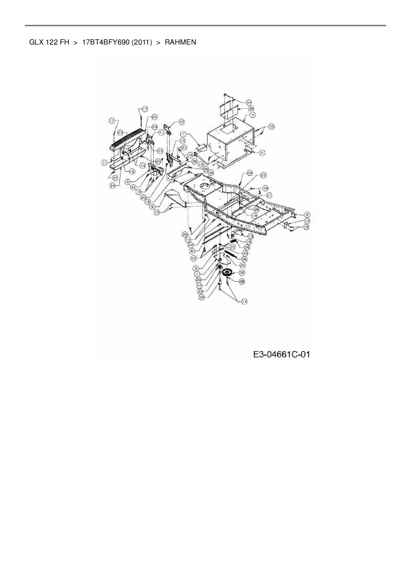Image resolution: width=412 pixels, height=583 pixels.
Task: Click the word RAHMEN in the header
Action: click(x=180, y=42)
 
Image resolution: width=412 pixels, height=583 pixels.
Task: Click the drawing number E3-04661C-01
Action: click(x=281, y=355)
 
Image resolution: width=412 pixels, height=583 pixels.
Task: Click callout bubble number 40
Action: click(x=181, y=122)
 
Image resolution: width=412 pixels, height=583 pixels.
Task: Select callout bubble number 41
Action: click(x=161, y=132)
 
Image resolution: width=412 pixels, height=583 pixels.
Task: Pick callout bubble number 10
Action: click(x=182, y=141)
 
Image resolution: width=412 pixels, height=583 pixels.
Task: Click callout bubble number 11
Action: click(x=104, y=163)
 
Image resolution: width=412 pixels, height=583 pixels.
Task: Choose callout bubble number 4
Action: click(x=253, y=115)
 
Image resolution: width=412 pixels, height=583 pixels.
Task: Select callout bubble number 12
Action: click(x=307, y=221)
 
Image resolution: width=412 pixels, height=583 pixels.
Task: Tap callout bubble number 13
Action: click(x=251, y=236)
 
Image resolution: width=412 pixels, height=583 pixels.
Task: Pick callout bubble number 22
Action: click(x=190, y=244)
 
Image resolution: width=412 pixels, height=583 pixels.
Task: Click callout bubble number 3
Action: click(x=196, y=268)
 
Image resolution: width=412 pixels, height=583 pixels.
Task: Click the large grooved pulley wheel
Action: click(x=228, y=274)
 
